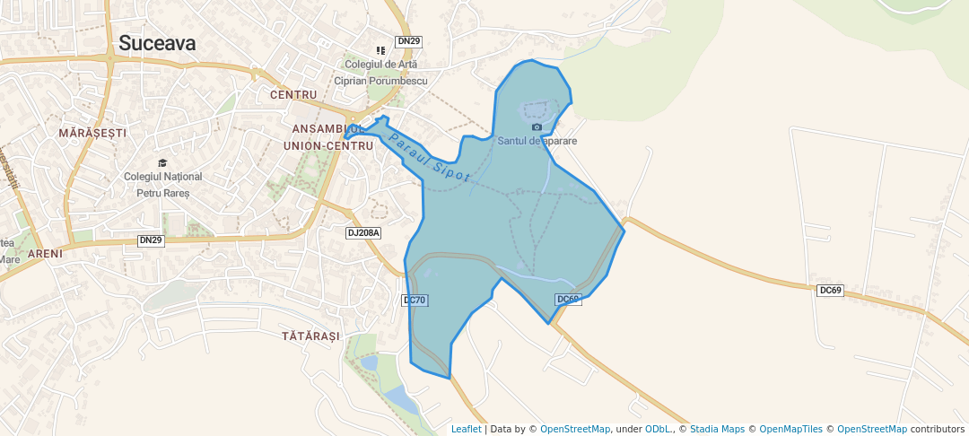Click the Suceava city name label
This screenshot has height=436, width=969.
157,42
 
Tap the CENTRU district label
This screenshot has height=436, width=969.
293,94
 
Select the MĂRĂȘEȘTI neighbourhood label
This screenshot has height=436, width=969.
92,132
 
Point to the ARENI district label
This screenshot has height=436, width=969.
45,254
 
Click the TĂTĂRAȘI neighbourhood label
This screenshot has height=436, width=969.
310,336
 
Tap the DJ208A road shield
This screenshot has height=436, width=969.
364,233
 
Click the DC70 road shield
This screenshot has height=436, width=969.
415,301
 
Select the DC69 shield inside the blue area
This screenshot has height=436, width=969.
569,300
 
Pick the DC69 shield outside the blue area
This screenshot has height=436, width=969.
832,291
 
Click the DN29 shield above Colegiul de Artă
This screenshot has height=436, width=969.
409,41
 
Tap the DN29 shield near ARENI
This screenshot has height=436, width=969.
151,240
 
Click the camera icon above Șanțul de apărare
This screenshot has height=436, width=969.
537,127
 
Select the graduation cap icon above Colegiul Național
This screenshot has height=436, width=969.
162,162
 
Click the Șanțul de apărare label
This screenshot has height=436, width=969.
537,141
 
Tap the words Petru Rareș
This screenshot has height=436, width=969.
162,193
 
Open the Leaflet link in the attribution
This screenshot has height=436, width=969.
466,429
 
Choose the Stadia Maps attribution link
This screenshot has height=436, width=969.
717,429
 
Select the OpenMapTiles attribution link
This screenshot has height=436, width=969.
787,429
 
